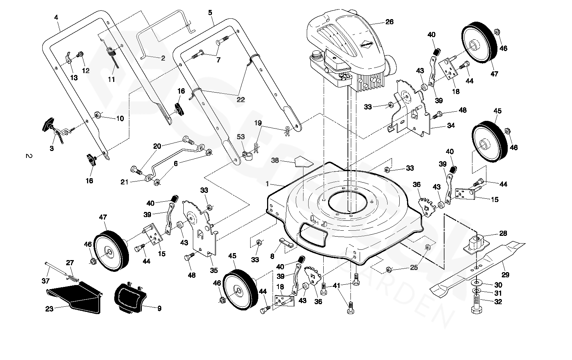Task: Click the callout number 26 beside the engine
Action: [389, 22]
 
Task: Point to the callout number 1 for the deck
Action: [267, 183]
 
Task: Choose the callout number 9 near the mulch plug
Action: [159, 309]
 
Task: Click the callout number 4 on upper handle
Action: [56, 17]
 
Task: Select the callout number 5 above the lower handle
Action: [210, 13]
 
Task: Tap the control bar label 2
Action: [163, 58]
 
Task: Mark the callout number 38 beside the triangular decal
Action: [275, 160]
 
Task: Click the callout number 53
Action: [241, 137]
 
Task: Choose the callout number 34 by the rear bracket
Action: [451, 126]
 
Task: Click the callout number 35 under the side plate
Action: [214, 271]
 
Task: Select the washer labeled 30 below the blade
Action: [498, 285]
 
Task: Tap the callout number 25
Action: [414, 268]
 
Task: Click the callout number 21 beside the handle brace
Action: [125, 182]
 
